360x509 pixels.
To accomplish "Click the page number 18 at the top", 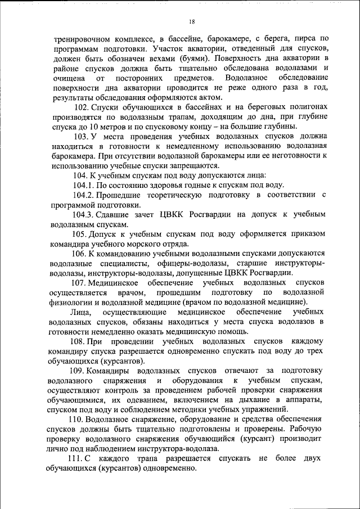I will [x=192, y=21].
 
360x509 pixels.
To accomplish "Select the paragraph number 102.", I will [x=81, y=107].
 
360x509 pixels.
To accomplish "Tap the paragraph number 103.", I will [x=81, y=137].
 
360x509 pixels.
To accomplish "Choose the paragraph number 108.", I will [x=79, y=341].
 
